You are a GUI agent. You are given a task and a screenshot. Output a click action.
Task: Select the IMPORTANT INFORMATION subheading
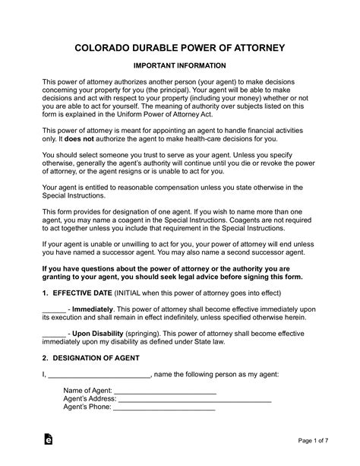[x=179, y=67]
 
